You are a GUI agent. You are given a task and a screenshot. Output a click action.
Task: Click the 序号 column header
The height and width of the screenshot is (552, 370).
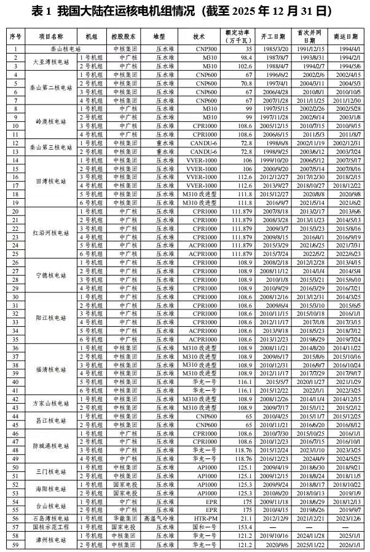(x=15, y=36)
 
